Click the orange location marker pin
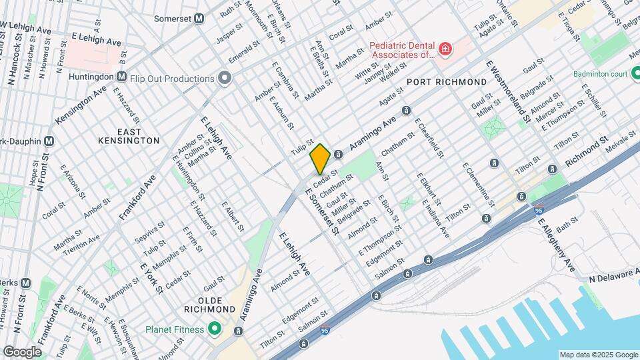coord(320,159)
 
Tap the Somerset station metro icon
coord(199,19)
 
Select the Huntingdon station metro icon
coord(122,77)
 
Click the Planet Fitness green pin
coord(215,328)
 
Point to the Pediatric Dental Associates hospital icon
coord(445,49)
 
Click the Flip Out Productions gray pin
coord(225,79)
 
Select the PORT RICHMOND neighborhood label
coord(447,82)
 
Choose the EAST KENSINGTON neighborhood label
coord(129,135)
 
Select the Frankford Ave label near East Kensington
coord(137,195)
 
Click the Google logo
coord(22,351)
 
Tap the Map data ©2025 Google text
coord(598,355)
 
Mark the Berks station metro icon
coord(25,283)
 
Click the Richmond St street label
coord(587,152)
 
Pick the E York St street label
coord(152,277)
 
